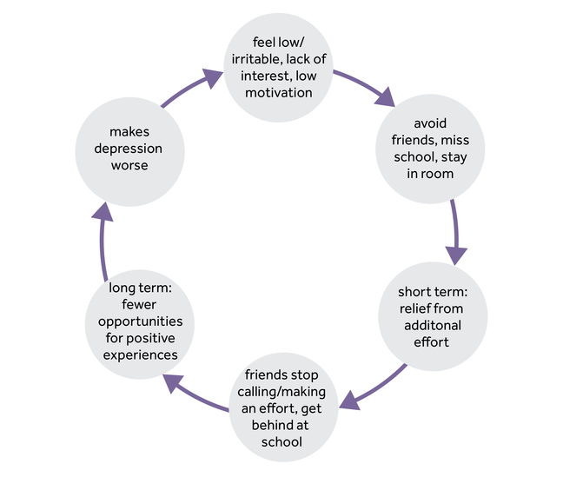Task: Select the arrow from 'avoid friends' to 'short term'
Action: [x=455, y=233]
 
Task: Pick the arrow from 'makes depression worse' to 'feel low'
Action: [x=187, y=90]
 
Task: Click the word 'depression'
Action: [x=129, y=149]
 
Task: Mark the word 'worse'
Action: [x=129, y=165]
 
